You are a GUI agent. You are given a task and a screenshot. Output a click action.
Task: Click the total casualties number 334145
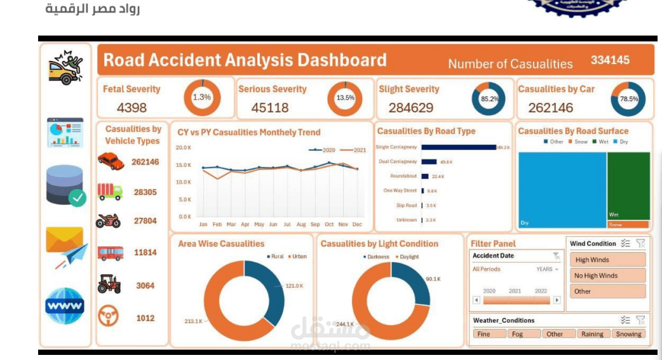[x=610, y=60]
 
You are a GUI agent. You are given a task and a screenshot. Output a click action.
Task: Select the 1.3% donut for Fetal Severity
[x=202, y=97]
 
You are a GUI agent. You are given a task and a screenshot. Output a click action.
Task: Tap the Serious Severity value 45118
[x=270, y=108]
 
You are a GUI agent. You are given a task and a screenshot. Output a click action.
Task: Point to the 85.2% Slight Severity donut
[x=489, y=98]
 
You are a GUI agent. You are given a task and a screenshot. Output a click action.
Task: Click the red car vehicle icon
[x=111, y=161]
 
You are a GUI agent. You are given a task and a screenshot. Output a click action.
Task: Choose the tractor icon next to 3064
[x=109, y=285]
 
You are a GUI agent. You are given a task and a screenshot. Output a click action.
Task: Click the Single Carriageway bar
[x=458, y=147]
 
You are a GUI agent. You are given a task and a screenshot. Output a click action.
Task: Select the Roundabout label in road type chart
[x=403, y=176]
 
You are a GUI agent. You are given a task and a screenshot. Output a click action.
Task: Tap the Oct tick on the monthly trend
[x=329, y=224]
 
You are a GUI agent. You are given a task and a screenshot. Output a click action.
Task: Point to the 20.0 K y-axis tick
[x=184, y=147]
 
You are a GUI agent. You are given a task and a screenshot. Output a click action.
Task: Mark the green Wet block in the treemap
[x=628, y=184]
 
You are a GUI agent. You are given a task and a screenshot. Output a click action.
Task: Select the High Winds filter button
[x=606, y=260]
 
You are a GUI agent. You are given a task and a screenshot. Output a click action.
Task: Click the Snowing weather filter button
[x=628, y=334]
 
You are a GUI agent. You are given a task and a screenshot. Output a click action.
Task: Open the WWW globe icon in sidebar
[x=64, y=306]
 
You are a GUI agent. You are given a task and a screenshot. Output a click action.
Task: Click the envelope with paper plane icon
[x=66, y=247]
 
